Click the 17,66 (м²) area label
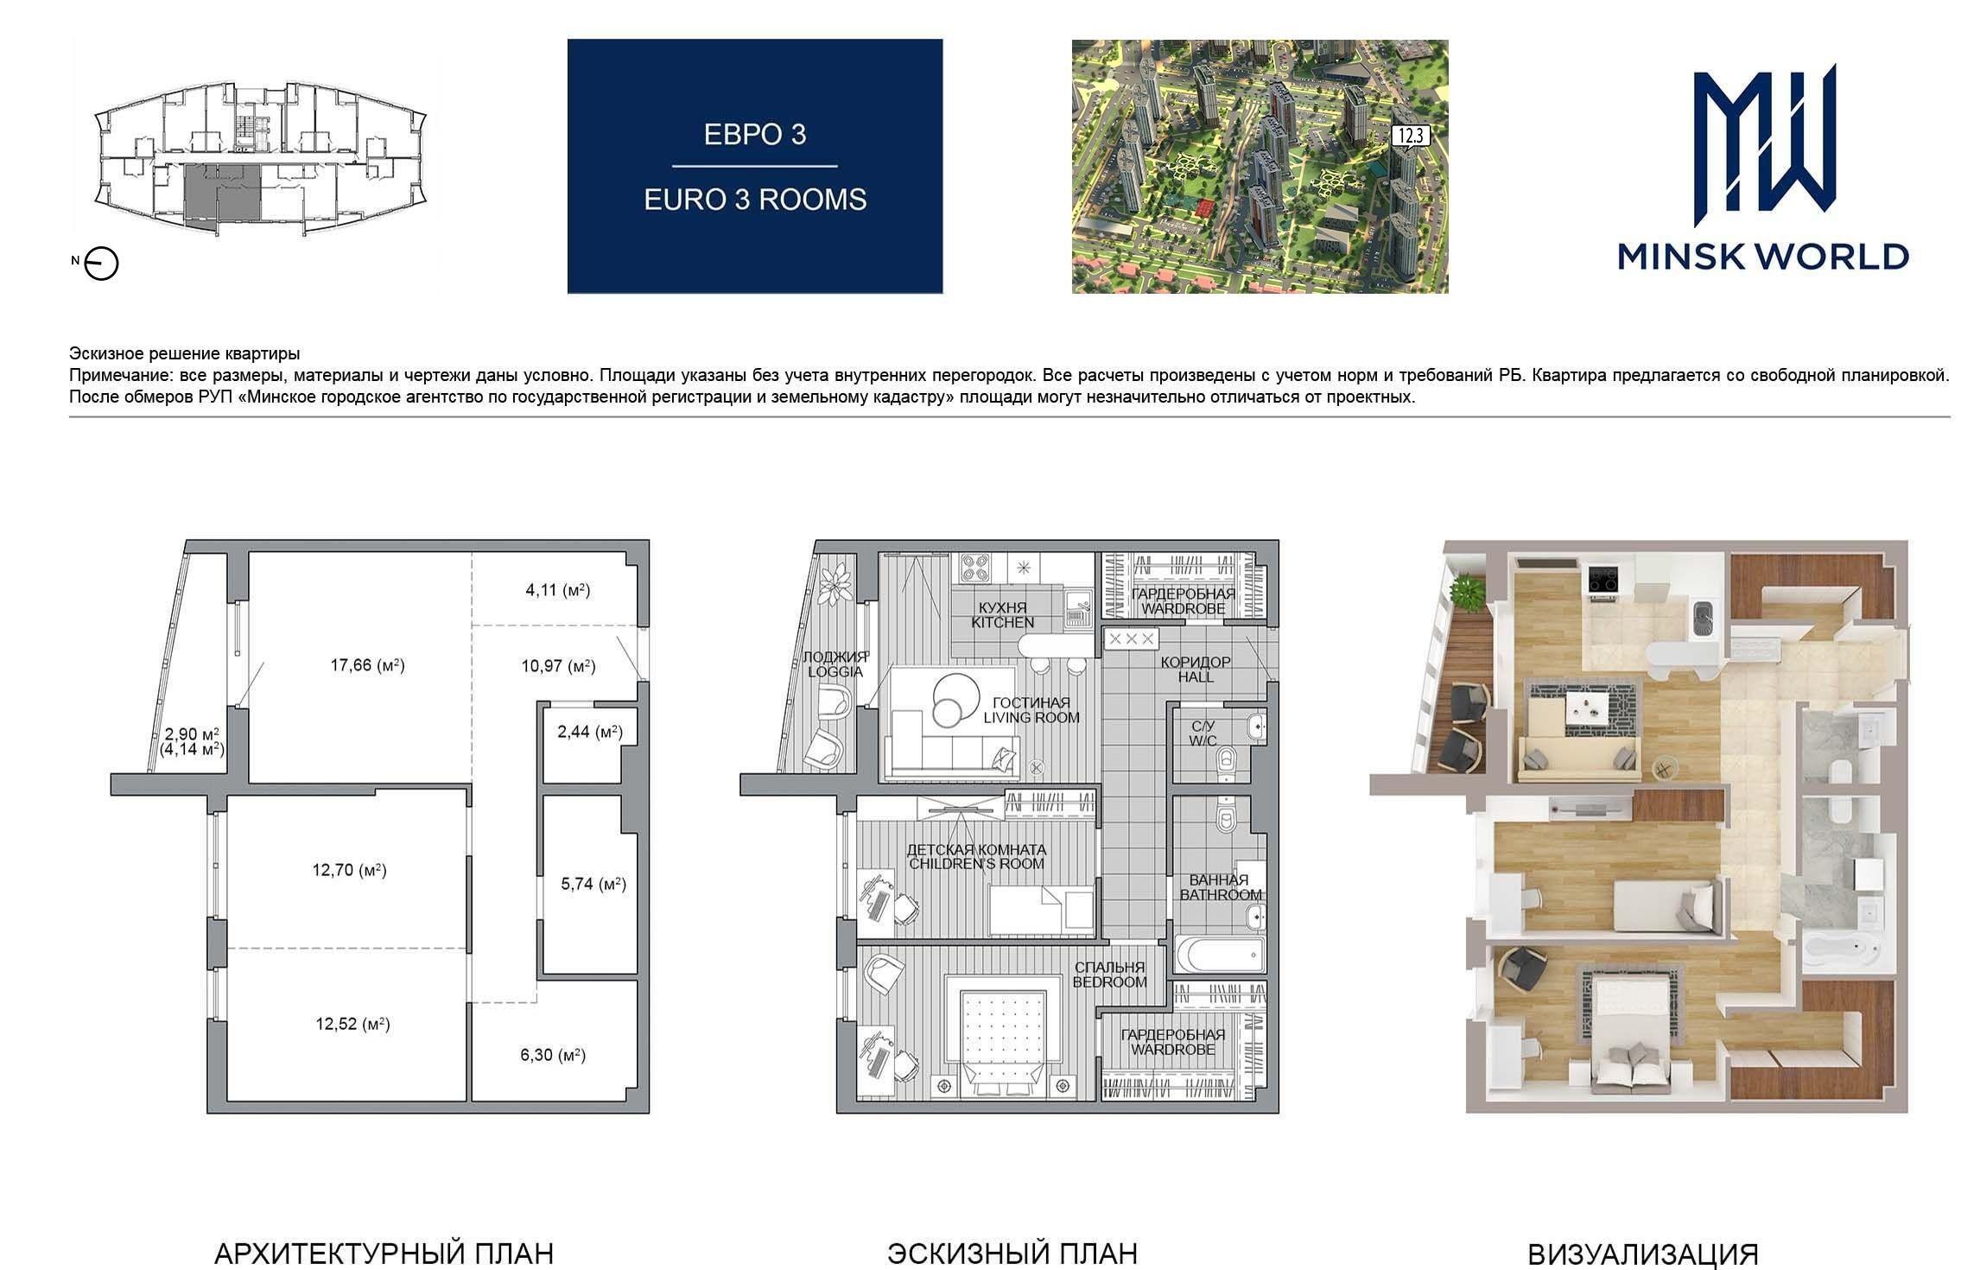tap(368, 665)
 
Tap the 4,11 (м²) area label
tap(558, 591)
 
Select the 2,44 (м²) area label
tap(590, 733)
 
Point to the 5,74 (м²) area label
tap(593, 884)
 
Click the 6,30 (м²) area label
tap(553, 1055)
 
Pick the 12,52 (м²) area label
tap(352, 1025)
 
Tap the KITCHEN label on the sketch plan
tap(1002, 622)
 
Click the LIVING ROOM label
tap(1031, 717)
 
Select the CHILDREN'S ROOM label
tap(976, 864)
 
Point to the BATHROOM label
tap(1221, 895)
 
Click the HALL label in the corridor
tap(1196, 676)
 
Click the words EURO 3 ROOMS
tap(755, 200)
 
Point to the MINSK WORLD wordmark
tap(1763, 257)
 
